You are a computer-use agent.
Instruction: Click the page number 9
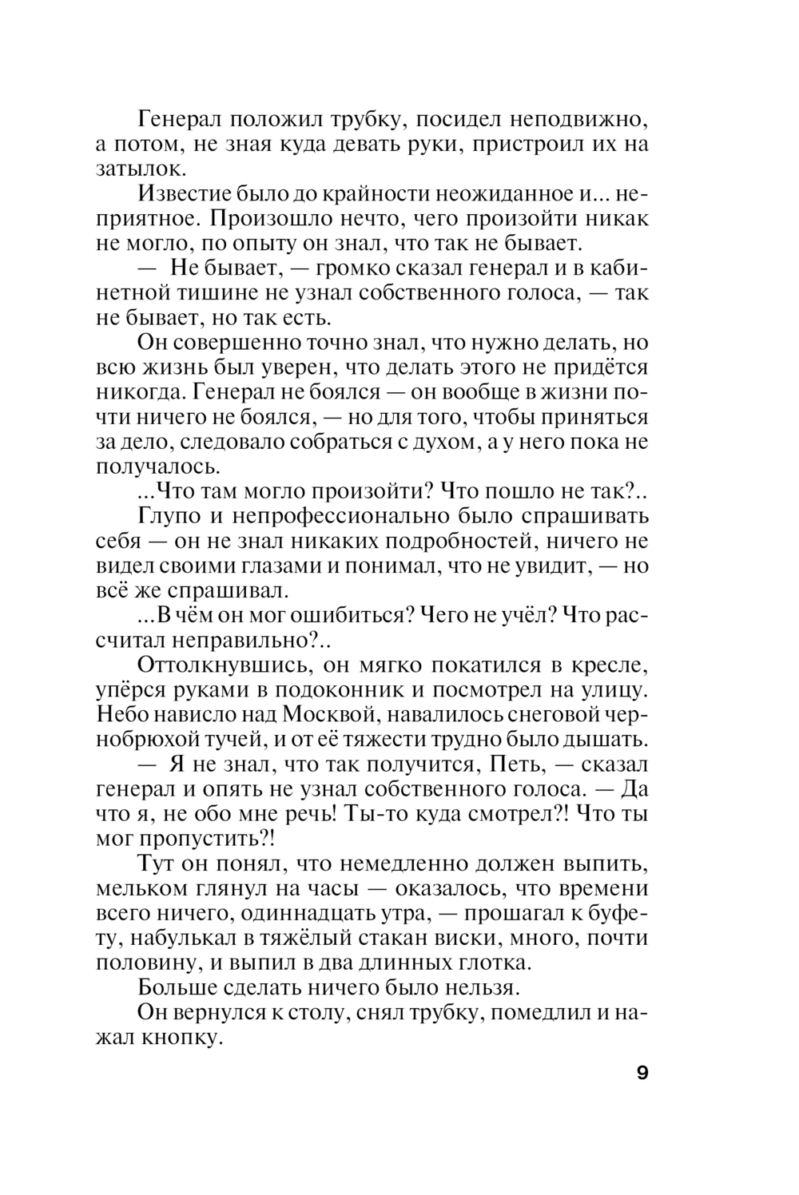click(642, 1073)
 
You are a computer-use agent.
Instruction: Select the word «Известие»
click(186, 194)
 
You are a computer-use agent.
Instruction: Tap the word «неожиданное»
click(493, 194)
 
